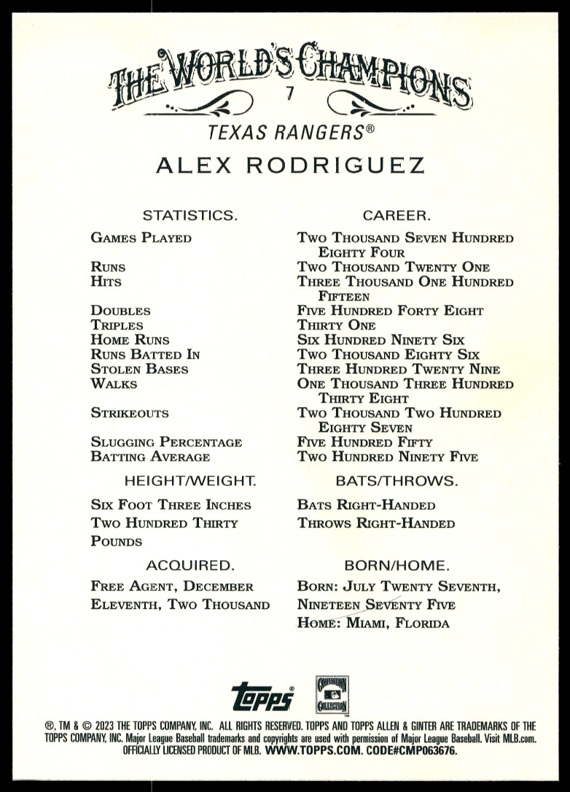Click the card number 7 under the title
click(289, 93)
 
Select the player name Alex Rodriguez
click(289, 166)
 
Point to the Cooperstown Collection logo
click(332, 695)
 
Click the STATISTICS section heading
click(190, 215)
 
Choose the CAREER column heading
click(397, 215)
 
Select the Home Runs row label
click(130, 340)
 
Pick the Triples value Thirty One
click(336, 325)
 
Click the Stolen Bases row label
click(139, 369)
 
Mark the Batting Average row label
click(150, 457)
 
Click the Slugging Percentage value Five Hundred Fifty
click(364, 443)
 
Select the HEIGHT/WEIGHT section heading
click(190, 481)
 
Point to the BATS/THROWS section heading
click(397, 481)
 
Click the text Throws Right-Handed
click(375, 524)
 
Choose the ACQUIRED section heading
click(190, 565)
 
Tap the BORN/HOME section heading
click(397, 565)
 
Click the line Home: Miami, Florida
click(373, 624)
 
